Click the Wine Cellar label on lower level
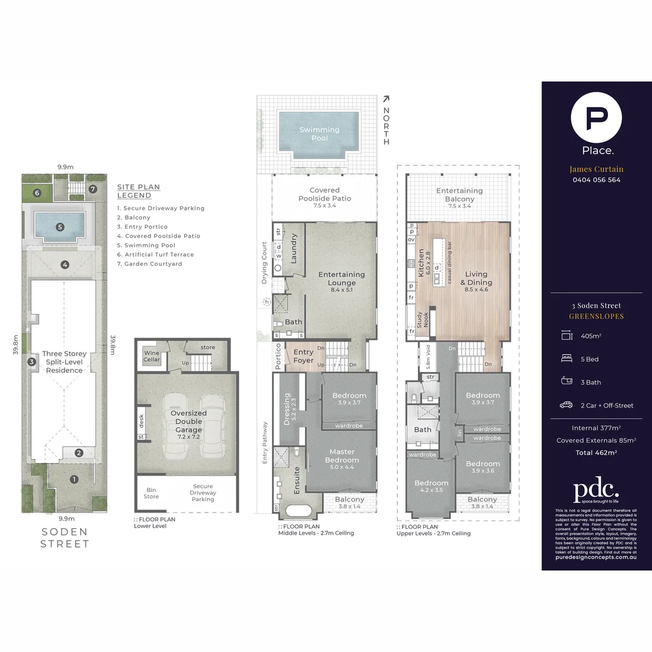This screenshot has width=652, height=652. pos(152,356)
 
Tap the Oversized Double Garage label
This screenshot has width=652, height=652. pos(188,421)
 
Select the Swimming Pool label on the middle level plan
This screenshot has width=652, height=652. pos(319,134)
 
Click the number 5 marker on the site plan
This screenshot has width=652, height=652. pos(60,227)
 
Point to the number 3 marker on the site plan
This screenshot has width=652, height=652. pos(31,362)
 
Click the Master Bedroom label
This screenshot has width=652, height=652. pos(342,456)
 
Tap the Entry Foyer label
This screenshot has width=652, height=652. pos(303,356)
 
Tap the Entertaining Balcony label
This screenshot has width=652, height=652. pos(459,194)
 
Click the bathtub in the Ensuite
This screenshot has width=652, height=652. pos(299,511)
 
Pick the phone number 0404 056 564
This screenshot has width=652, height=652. pos(596,180)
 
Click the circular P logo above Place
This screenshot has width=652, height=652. pos(596,117)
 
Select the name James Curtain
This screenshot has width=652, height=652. pos(596,169)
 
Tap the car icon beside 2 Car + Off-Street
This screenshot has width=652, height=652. pos(566,405)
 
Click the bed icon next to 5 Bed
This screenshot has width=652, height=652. pos(566,359)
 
